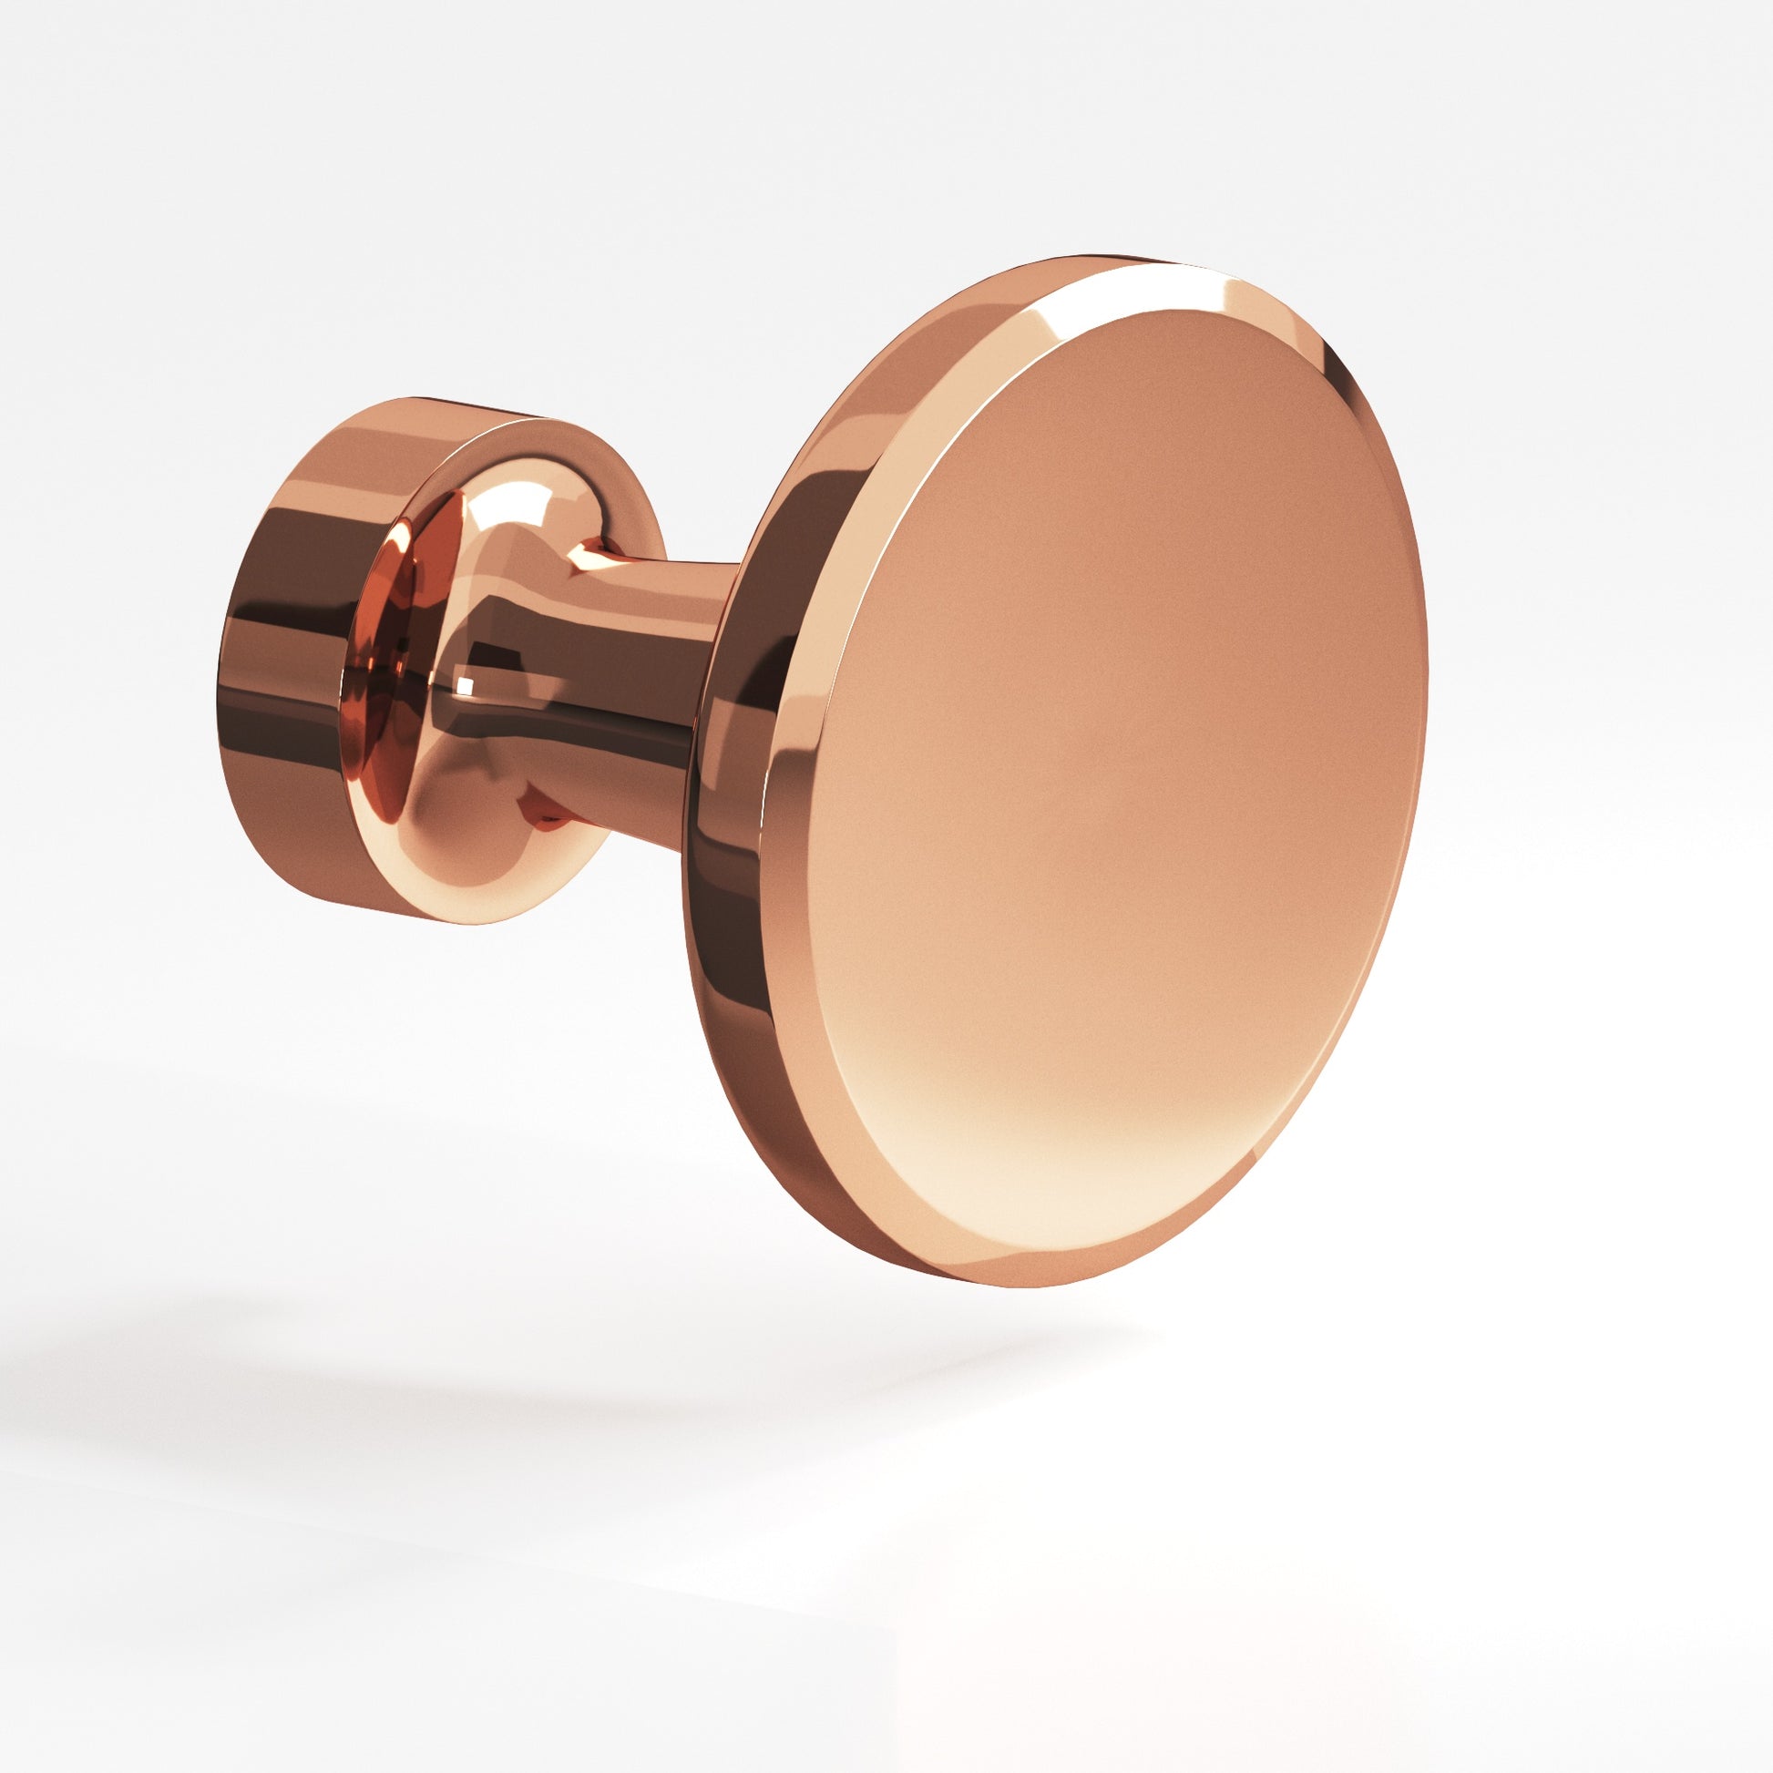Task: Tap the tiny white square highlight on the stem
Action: click(465, 683)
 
